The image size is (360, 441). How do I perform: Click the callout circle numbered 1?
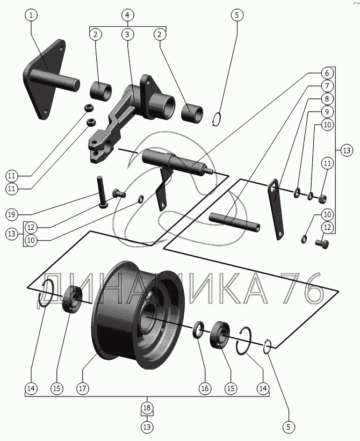point(31,16)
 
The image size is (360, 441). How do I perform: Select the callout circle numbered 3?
point(127,34)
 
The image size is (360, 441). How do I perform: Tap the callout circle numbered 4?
point(127,15)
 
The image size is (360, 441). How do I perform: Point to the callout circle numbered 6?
point(327,74)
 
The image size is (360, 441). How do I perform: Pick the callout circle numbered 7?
point(327,86)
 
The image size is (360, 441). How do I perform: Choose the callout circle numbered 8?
point(327,99)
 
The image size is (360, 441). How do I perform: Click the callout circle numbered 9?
point(327,112)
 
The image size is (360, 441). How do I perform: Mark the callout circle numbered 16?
point(205,388)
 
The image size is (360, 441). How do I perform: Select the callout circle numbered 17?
point(82,388)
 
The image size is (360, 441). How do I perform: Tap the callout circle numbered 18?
point(147,408)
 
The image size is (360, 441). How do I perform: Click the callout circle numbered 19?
point(11,215)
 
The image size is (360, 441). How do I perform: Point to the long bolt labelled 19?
point(102,192)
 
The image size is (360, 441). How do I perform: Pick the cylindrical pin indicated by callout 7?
point(235,221)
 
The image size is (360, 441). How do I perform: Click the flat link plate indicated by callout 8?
point(276,209)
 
